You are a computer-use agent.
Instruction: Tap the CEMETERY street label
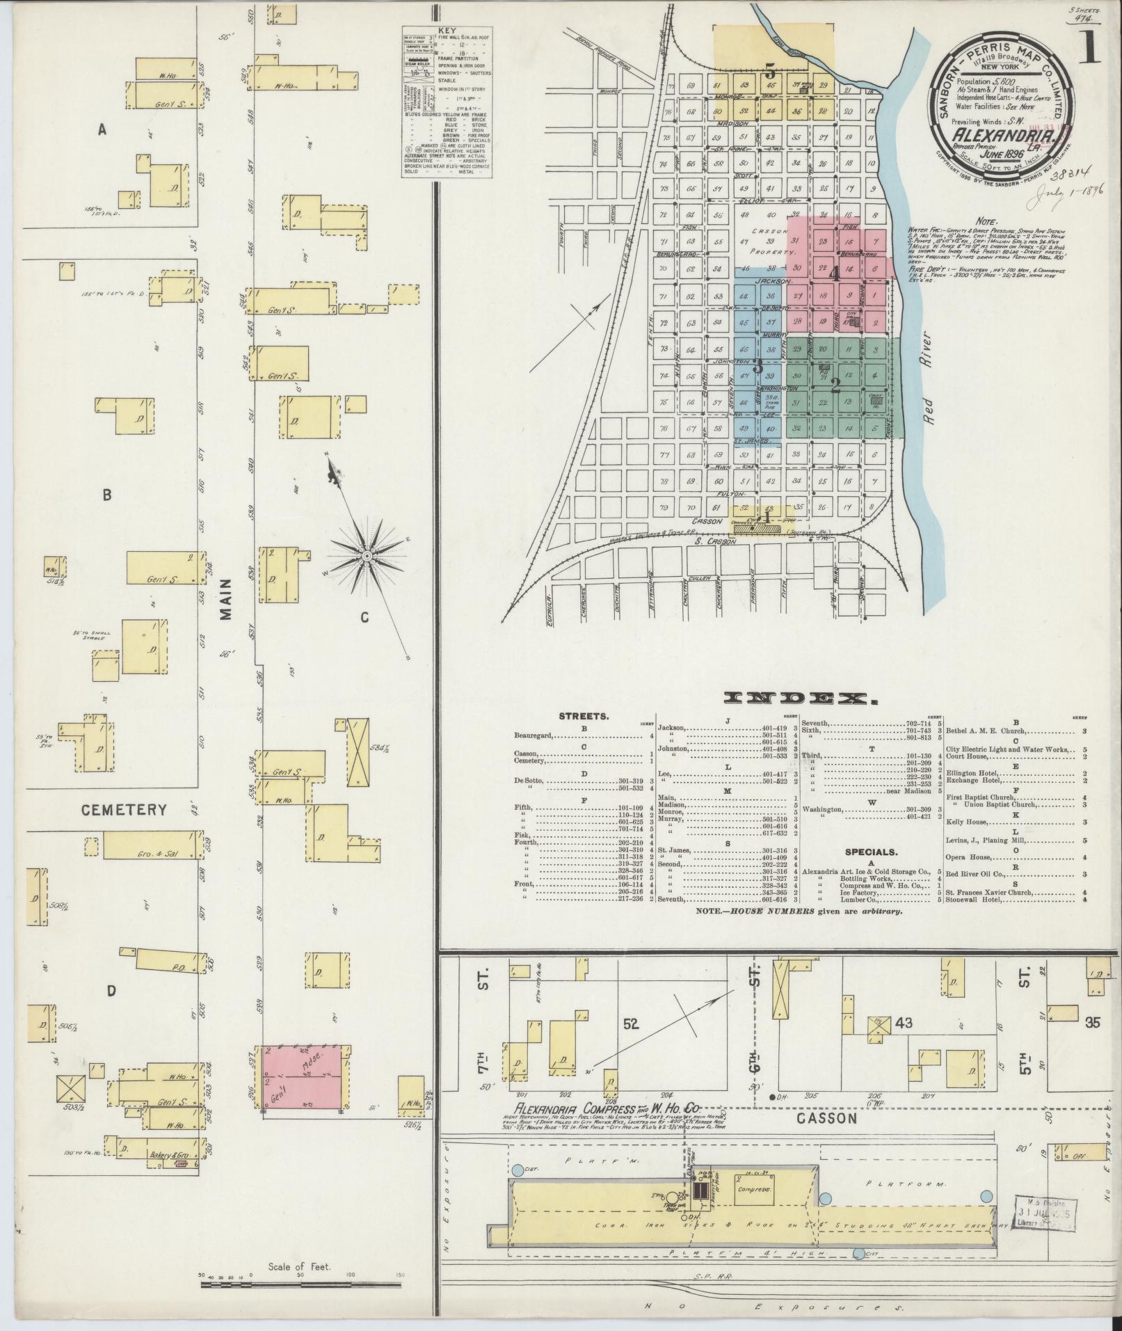coord(124,810)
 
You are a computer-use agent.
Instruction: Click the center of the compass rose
coord(366,557)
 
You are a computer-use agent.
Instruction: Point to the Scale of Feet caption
coord(298,1267)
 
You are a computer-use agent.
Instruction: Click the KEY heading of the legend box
coord(447,31)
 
